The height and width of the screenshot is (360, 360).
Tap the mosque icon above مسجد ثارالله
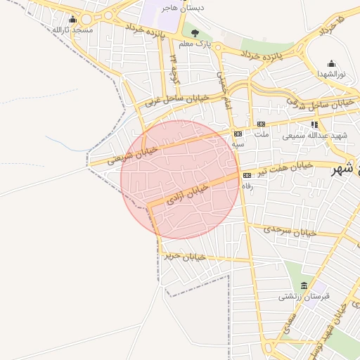(x=73, y=20)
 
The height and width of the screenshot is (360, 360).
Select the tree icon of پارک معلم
(x=195, y=32)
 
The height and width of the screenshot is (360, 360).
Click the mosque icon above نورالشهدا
(x=331, y=63)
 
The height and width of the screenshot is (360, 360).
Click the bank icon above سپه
(x=238, y=133)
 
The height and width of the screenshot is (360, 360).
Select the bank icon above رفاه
(x=247, y=175)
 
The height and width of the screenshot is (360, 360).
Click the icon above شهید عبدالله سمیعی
(x=314, y=125)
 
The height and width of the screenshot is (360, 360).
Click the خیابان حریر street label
(x=185, y=257)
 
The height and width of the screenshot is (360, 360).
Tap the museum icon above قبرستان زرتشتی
(x=304, y=285)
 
